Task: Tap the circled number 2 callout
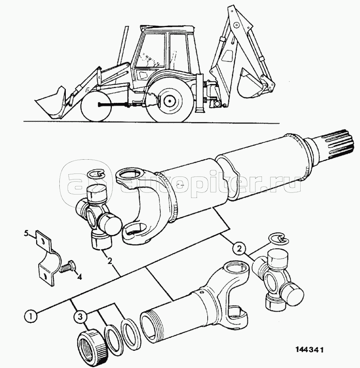point(239,248)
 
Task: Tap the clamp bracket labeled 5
point(46,258)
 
